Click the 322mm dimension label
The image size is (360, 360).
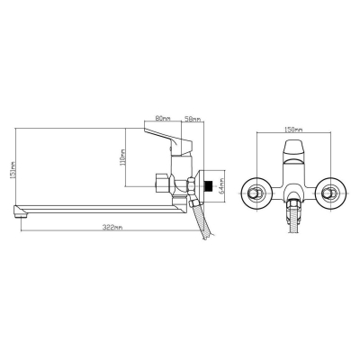(112, 228)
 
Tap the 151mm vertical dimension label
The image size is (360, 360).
(13, 170)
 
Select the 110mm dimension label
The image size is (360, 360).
(122, 158)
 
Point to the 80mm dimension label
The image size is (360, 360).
(163, 118)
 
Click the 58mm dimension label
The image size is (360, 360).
(193, 119)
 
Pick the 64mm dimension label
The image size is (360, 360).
(221, 185)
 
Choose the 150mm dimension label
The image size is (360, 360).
(293, 130)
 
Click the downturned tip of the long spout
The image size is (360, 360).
(18, 212)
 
